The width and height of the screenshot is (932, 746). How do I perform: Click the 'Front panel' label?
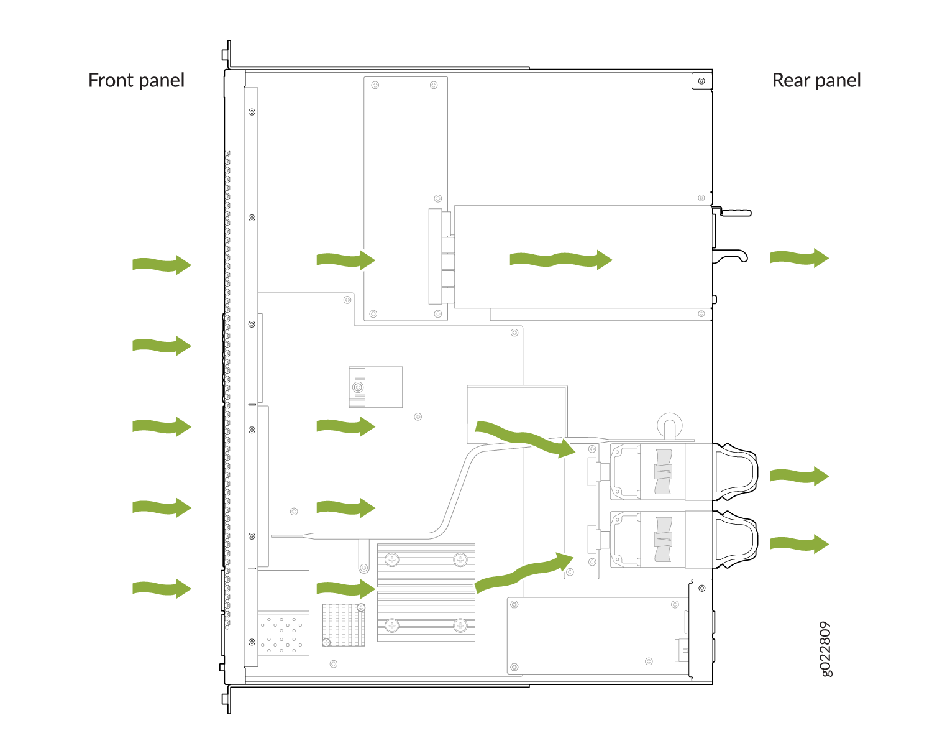point(137,81)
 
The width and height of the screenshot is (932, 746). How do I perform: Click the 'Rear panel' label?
point(816,81)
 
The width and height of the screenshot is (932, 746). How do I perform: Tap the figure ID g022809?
point(826,649)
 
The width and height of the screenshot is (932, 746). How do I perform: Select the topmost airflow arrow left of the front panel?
point(162,264)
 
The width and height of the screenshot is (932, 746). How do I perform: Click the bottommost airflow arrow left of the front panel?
point(162,588)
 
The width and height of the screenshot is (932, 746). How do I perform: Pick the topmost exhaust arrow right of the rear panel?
point(800,258)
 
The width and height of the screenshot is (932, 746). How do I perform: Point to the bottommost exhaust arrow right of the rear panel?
point(800,544)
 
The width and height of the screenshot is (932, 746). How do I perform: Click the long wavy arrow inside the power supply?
point(561,260)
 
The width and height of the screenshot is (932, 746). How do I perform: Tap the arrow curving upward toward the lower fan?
point(524,572)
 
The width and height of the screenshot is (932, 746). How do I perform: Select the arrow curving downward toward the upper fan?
point(525,439)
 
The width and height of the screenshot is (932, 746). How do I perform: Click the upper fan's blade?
point(663,472)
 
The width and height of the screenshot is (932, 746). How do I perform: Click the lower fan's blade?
point(663,539)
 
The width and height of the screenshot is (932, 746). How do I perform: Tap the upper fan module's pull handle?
point(736,472)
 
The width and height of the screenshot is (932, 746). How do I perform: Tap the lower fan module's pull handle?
point(736,539)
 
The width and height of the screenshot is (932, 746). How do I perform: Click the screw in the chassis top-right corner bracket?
point(701,81)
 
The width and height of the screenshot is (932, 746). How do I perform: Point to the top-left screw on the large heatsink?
point(392,559)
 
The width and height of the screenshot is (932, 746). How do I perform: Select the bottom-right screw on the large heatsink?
point(460,625)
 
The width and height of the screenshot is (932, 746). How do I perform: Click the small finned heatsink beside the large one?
point(344,625)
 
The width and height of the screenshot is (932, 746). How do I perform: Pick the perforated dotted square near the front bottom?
point(284,635)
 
